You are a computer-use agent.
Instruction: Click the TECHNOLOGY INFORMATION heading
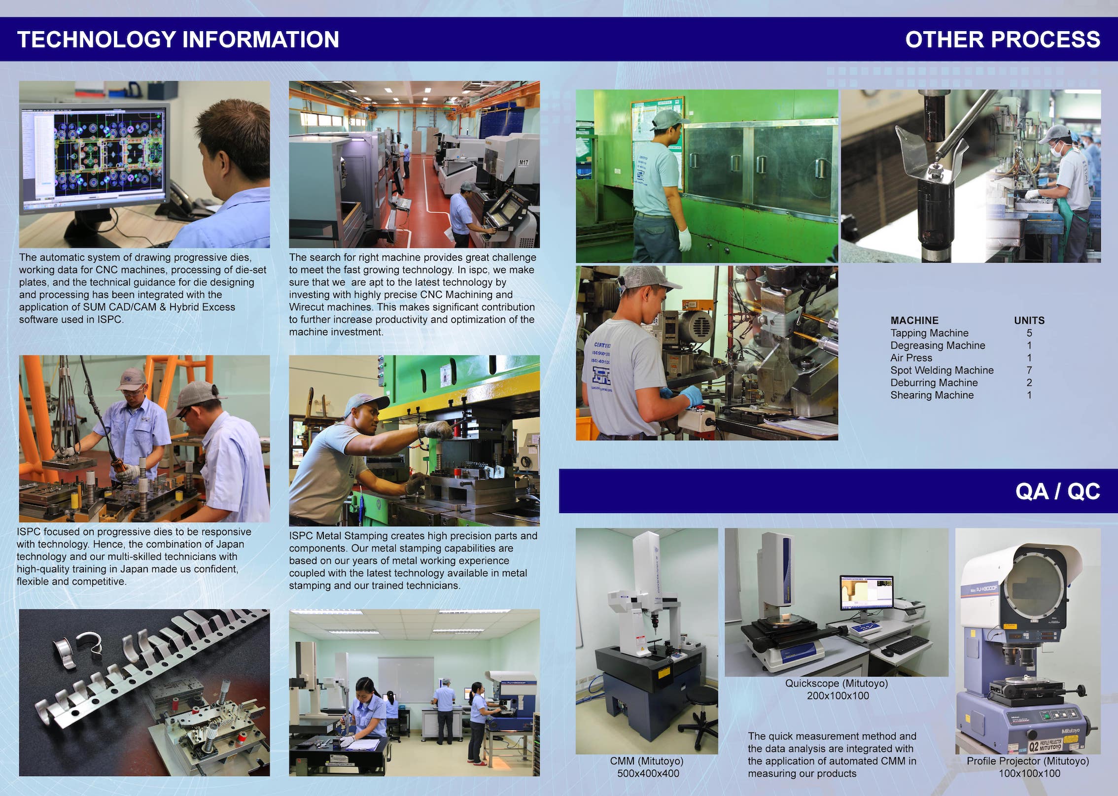178,39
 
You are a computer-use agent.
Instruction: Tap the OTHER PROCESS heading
1003,39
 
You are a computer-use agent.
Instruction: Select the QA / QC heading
1057,491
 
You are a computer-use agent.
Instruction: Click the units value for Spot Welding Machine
1029,370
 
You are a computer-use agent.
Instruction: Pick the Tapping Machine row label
929,333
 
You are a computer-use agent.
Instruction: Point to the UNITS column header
1029,320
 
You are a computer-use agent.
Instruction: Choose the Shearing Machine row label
932,395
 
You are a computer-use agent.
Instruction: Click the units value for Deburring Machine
1029,382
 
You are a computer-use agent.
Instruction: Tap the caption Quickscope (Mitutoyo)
837,684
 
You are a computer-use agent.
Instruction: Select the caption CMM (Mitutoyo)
647,761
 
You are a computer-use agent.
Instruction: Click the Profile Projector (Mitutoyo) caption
1028,761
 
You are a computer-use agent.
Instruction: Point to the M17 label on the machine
523,162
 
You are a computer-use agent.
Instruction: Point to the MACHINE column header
914,320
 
